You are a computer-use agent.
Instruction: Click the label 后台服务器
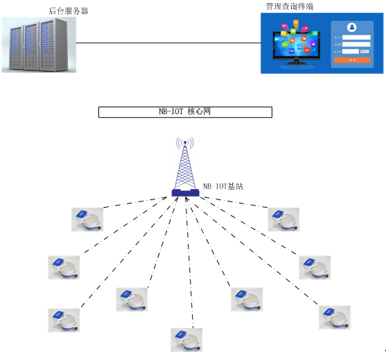69,11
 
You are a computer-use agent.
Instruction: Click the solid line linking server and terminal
166,43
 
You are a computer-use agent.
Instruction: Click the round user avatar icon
351,28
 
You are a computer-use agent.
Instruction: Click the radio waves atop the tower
184,144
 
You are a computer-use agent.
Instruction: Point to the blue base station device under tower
185,192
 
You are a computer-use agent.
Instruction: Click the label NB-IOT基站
222,186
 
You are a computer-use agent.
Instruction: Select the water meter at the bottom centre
186,339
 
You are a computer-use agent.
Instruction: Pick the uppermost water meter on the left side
87,219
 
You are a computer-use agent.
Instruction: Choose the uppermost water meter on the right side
283,219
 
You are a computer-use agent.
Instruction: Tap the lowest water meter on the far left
64,319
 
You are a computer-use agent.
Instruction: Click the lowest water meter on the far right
334,316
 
